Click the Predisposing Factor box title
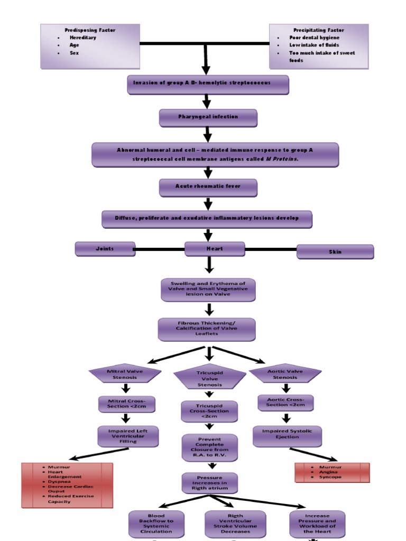coord(90,30)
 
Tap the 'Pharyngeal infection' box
coord(208,117)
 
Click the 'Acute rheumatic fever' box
coord(208,187)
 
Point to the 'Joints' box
coord(105,248)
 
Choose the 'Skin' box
coord(335,252)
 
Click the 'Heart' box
coord(215,249)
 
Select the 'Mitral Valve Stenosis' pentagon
coord(126,374)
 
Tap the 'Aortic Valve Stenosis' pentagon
coord(285,374)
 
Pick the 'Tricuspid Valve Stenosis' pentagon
coord(210,378)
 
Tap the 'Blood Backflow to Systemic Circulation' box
coord(156,523)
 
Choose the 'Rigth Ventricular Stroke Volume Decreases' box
coord(231,523)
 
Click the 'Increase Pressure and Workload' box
coord(317,523)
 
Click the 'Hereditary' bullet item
coord(82,38)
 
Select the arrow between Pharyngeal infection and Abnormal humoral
coord(208,134)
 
